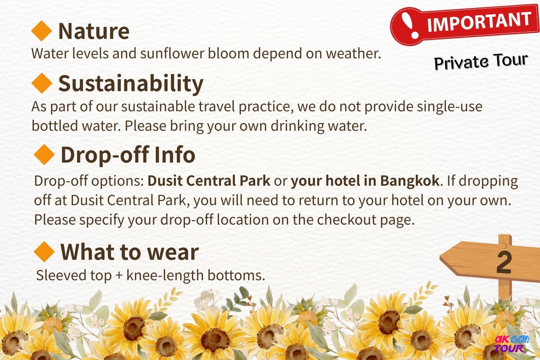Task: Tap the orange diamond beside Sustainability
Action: point(42,83)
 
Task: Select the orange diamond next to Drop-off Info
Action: point(44,155)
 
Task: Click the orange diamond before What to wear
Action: point(44,252)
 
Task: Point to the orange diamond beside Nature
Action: point(42,31)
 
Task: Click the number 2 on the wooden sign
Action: point(504,262)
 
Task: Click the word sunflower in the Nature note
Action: point(172,53)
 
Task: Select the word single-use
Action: point(450,107)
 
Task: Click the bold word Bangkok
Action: point(410,181)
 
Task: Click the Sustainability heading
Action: point(131,83)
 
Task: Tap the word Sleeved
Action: point(61,275)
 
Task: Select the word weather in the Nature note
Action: point(354,53)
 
